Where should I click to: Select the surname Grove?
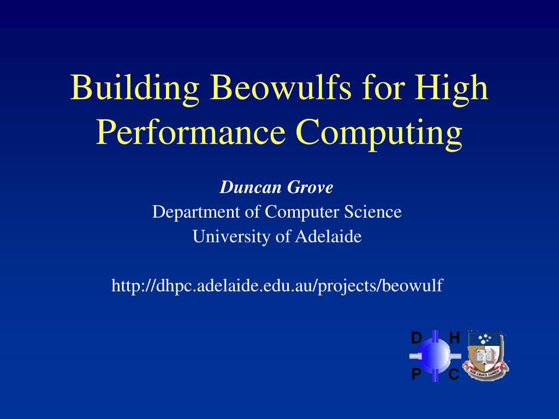(310, 187)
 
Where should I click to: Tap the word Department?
(196, 212)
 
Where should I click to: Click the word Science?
(372, 212)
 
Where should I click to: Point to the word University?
(231, 237)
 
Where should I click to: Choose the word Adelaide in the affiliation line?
(328, 236)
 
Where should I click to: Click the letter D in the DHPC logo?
(416, 338)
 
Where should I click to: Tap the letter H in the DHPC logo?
(455, 338)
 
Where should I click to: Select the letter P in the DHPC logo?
(416, 374)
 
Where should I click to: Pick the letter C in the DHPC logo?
(454, 374)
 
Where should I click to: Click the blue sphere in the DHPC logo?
(435, 356)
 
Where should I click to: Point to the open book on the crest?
(485, 356)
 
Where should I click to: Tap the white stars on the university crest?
(485, 339)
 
